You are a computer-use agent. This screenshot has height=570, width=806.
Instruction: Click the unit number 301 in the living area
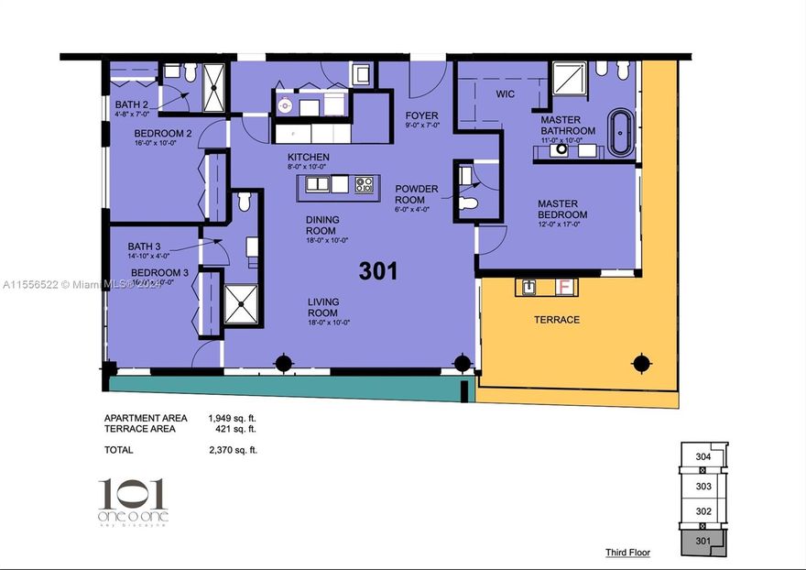pyautogui.click(x=378, y=271)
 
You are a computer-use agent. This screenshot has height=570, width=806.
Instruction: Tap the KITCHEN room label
pyautogui.click(x=307, y=158)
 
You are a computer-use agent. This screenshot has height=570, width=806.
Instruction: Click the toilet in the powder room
pyautogui.click(x=469, y=202)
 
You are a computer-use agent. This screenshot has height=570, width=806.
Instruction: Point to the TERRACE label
pyautogui.click(x=557, y=320)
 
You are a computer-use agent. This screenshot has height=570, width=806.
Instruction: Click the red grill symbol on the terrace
pyautogui.click(x=565, y=287)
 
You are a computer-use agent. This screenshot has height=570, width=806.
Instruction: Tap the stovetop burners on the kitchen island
pyautogui.click(x=364, y=184)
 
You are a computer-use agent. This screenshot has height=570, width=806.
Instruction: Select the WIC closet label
pyautogui.click(x=506, y=94)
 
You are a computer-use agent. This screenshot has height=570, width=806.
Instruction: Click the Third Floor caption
pyautogui.click(x=627, y=553)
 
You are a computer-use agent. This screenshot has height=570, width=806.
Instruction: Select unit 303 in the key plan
pyautogui.click(x=703, y=487)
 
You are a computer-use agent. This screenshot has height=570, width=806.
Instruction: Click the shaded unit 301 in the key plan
pyautogui.click(x=703, y=542)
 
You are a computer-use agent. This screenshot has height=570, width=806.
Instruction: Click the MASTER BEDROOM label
pyautogui.click(x=562, y=209)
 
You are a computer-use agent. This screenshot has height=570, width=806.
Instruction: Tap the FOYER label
pyautogui.click(x=421, y=115)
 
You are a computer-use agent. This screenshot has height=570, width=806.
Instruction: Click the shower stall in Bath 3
pyautogui.click(x=242, y=303)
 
